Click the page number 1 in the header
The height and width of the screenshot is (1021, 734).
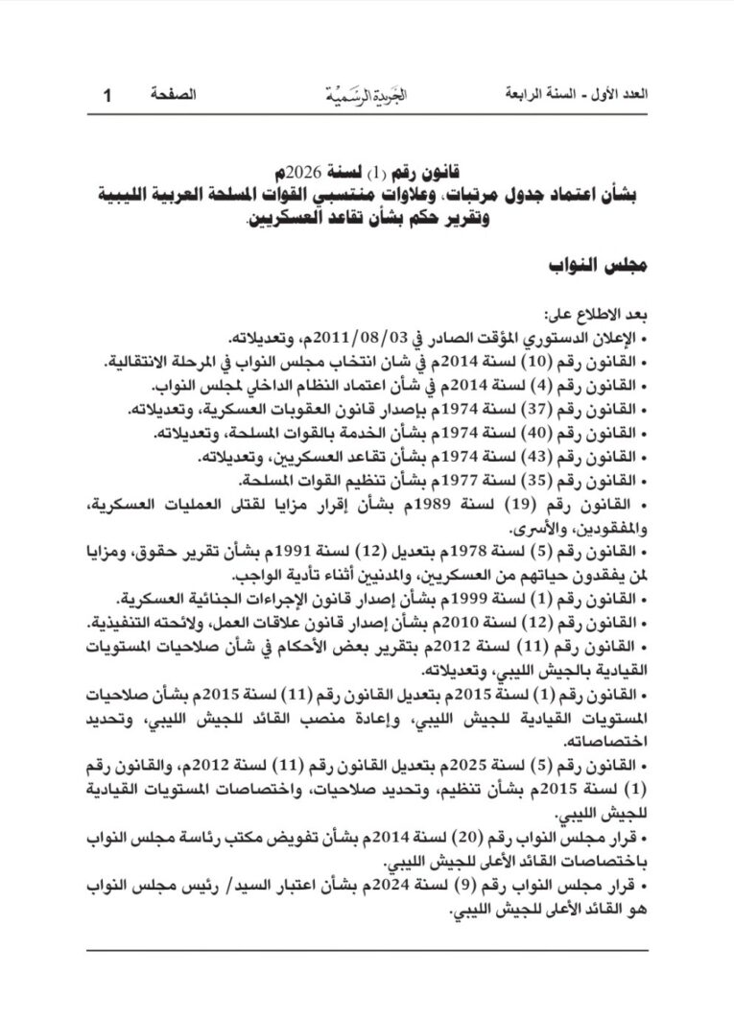click(x=107, y=95)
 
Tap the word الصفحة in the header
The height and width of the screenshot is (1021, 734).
click(x=174, y=95)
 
